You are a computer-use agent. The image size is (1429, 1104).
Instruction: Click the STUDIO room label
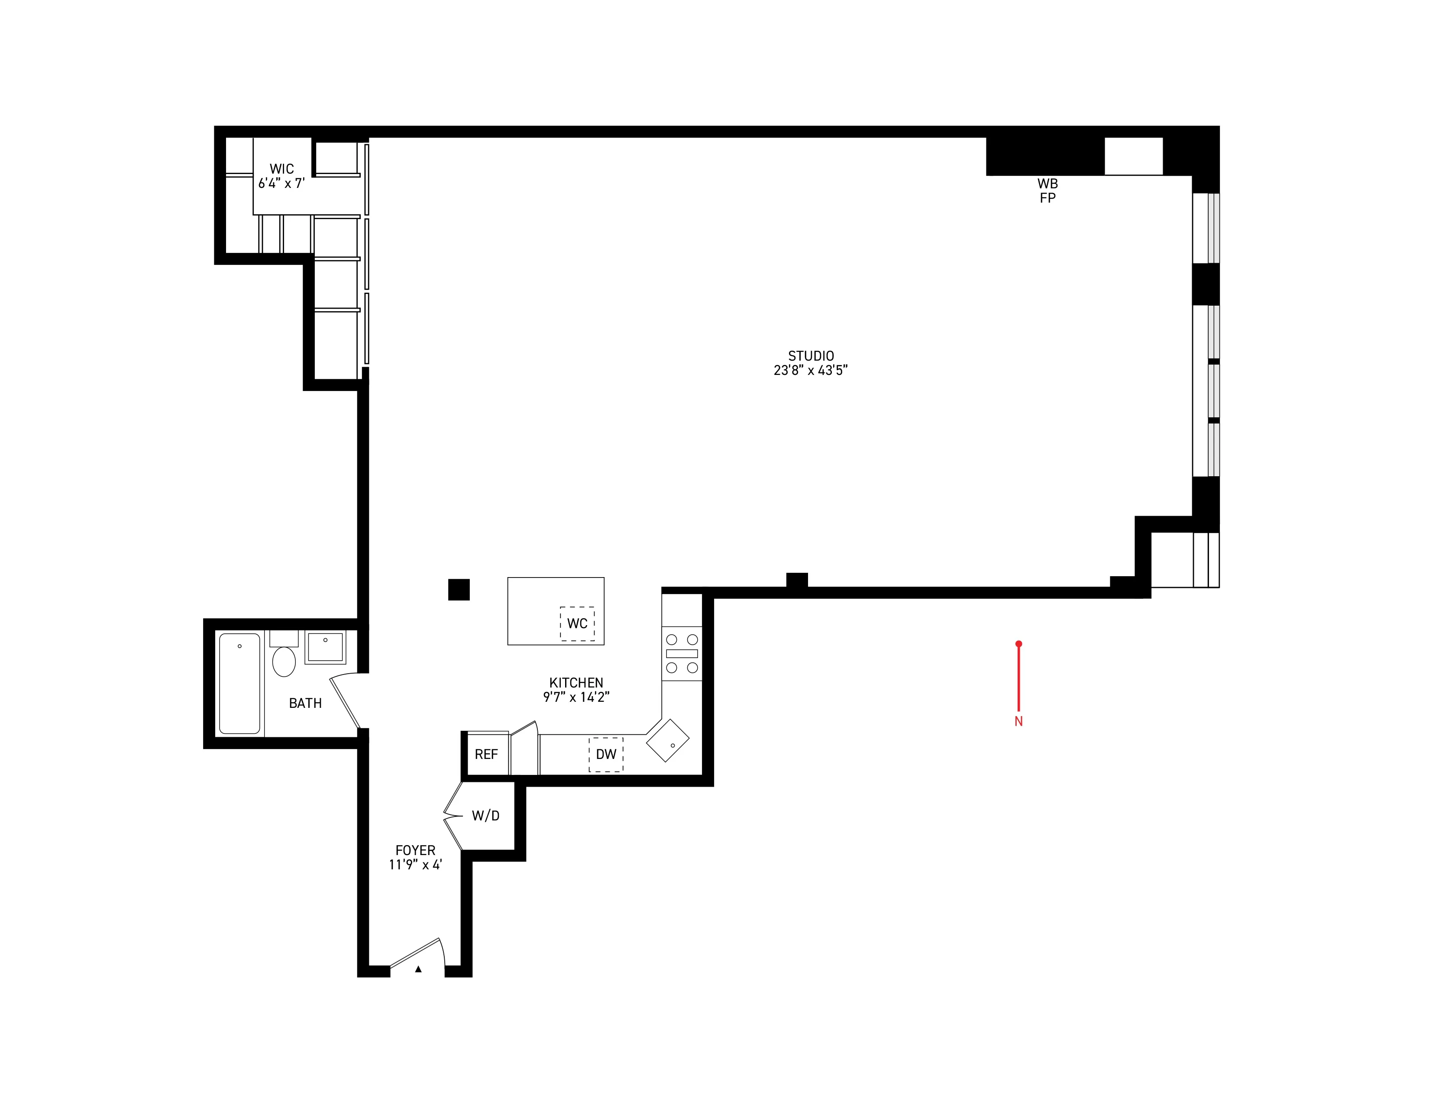(x=811, y=356)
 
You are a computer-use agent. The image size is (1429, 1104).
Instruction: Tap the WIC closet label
(x=281, y=169)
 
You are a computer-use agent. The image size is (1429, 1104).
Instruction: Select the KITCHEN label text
(x=576, y=683)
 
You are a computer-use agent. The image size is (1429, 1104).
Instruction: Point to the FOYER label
(x=415, y=850)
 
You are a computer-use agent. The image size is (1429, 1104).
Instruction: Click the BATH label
(x=305, y=703)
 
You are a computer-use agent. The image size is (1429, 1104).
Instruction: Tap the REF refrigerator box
(x=486, y=754)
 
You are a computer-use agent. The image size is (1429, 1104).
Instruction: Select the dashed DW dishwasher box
(x=606, y=754)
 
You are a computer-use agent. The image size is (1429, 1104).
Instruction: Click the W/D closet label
(x=485, y=816)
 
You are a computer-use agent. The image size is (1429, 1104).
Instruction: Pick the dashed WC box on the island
(x=577, y=623)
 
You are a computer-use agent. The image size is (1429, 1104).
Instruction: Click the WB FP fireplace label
(x=1047, y=190)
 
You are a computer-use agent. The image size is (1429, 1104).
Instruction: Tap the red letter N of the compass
(x=1018, y=721)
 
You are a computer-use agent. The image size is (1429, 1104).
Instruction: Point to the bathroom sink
(x=325, y=647)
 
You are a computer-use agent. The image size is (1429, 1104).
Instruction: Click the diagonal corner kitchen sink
(x=667, y=740)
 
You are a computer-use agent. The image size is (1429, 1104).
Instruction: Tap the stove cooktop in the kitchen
(x=682, y=653)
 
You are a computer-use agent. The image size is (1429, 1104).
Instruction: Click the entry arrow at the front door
(x=418, y=969)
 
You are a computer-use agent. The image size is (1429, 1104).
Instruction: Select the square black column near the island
(x=459, y=589)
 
